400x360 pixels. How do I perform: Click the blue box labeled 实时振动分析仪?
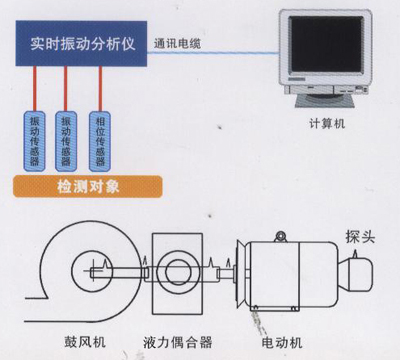click(81, 43)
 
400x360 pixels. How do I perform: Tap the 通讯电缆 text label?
click(177, 44)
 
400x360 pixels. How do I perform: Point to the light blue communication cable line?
click(213, 53)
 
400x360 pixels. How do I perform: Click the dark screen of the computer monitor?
click(326, 44)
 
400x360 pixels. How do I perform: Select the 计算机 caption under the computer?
click(327, 124)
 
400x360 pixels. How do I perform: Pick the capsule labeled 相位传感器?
click(100, 141)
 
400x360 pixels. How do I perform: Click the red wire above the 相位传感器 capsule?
click(100, 89)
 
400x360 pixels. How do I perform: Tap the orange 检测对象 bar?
click(88, 187)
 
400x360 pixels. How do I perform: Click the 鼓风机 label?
click(85, 342)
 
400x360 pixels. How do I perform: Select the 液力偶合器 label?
click(177, 342)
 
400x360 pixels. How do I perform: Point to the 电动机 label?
click(282, 342)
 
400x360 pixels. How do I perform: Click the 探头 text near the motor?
click(360, 237)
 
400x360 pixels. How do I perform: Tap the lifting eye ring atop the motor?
click(281, 236)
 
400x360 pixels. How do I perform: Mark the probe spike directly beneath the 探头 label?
click(355, 254)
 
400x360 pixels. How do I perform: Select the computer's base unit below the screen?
click(326, 89)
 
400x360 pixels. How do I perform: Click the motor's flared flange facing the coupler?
click(241, 274)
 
